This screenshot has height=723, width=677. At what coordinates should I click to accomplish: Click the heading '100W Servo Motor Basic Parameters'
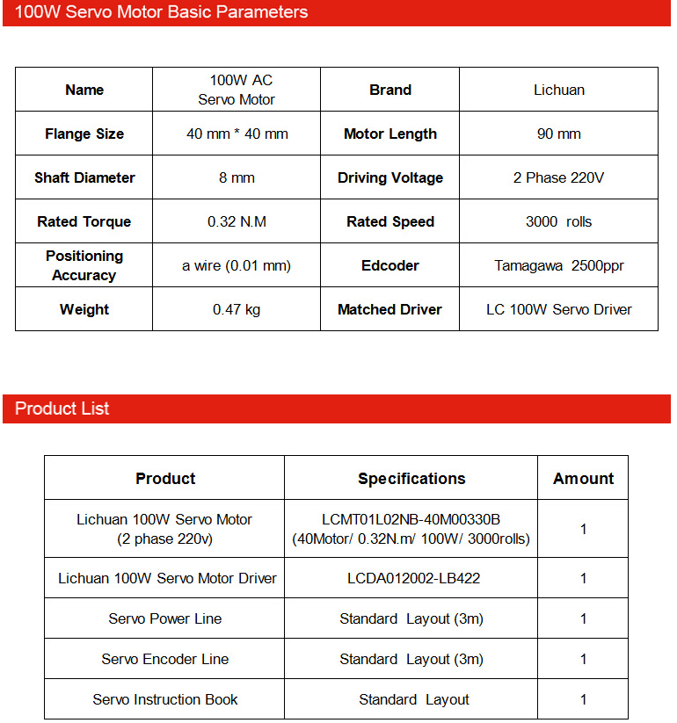coord(162,12)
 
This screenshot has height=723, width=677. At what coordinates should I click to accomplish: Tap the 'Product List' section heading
coord(62,408)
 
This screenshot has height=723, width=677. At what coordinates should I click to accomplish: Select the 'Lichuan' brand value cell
coord(558,90)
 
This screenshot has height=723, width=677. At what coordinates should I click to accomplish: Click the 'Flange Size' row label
coord(84,134)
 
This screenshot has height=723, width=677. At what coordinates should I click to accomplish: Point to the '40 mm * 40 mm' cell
coord(237,134)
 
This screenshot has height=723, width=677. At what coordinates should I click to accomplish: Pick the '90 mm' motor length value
coord(558,134)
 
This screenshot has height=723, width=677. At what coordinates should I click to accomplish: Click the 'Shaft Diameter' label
coord(84,177)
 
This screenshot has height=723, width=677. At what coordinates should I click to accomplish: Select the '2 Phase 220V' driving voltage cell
coord(558,177)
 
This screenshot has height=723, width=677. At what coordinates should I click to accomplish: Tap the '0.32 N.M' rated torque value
coord(237,221)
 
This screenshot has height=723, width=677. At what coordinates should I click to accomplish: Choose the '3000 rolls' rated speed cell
coord(558,221)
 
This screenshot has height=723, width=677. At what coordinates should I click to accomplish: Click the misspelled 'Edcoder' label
coord(389,265)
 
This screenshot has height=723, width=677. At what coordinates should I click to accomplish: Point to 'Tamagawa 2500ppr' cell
coord(558,265)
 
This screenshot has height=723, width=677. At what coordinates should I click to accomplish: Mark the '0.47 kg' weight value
coord(237,309)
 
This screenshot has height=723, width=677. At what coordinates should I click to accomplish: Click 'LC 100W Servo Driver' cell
coord(558,309)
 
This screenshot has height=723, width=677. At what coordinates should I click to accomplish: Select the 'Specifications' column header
coord(411,479)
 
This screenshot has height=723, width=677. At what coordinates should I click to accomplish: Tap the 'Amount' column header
coord(583,479)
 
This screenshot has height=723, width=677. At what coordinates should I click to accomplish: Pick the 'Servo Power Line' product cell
coord(165,618)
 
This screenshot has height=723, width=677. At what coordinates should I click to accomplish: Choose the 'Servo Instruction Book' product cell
coord(165,699)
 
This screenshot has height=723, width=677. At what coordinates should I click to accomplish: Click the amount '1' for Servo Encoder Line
coord(583,659)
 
